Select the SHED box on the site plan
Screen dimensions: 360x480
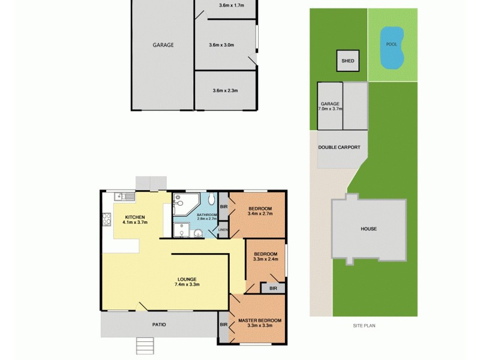(x=347, y=61)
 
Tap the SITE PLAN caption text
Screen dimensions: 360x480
(x=363, y=326)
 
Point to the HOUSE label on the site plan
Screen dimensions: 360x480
(x=368, y=229)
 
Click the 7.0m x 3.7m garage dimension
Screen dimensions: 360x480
(x=330, y=109)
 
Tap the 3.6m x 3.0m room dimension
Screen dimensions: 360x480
(x=221, y=45)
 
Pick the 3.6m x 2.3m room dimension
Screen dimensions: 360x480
(x=226, y=91)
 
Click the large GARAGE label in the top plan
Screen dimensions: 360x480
(x=163, y=45)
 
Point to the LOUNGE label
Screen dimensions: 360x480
(x=187, y=278)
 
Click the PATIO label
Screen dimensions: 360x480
(x=158, y=325)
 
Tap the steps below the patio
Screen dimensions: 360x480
(x=146, y=346)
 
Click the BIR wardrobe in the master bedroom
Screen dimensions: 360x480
(x=223, y=325)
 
